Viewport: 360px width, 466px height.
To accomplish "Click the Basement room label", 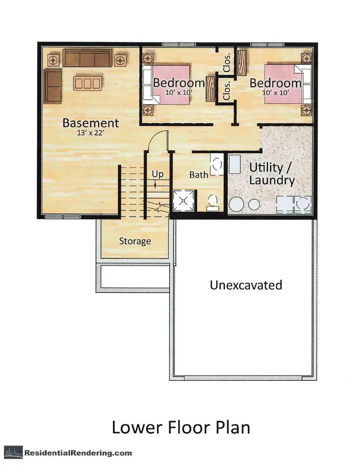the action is (91, 123).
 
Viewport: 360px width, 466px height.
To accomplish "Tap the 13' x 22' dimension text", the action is (90, 133).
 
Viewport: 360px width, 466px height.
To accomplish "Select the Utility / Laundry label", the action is (272, 174).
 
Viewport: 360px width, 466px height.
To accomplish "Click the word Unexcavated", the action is (246, 285).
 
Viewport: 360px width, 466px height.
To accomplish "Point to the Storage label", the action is (135, 241).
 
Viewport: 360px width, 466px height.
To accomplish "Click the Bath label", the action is (198, 175).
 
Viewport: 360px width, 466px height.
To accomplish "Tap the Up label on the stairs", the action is (158, 174).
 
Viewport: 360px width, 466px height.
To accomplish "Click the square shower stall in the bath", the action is (184, 201).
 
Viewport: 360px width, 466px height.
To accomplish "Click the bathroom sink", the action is (217, 164).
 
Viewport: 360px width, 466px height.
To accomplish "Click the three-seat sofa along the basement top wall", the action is (87, 58).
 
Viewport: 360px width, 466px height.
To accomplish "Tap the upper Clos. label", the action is (227, 63).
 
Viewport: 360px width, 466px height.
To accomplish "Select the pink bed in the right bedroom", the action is (284, 84).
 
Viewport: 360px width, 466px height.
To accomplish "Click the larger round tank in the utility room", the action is (237, 204).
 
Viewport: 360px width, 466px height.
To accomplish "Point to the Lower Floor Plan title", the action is (181, 427).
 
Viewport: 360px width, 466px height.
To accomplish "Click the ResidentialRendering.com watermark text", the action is (78, 453).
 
